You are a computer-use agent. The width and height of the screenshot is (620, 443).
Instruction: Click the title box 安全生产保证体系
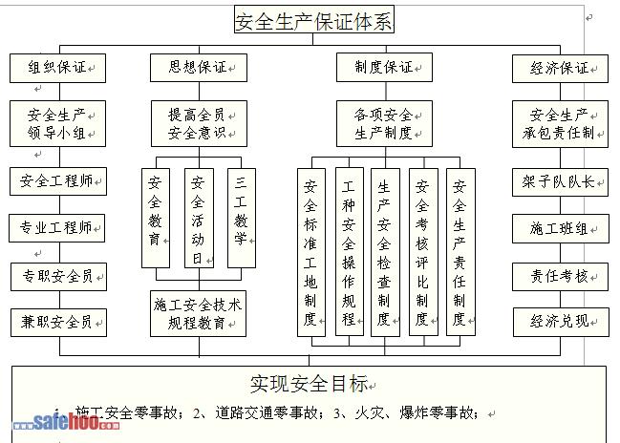[313, 20]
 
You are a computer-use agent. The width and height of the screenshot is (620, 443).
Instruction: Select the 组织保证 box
[57, 69]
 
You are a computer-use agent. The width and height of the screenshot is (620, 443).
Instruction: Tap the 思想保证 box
[198, 68]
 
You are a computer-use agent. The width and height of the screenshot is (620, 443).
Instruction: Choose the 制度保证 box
[384, 68]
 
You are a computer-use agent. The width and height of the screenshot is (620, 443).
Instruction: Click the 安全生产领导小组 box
[57, 124]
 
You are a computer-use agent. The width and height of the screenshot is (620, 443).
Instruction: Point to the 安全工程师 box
[57, 180]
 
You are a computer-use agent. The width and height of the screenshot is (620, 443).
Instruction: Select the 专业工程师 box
[57, 228]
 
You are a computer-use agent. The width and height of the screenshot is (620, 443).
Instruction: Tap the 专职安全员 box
[57, 276]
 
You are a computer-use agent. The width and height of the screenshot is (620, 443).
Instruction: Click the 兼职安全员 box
[57, 323]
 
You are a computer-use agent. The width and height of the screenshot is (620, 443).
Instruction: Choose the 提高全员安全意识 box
[198, 124]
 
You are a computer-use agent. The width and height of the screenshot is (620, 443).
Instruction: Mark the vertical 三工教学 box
[241, 218]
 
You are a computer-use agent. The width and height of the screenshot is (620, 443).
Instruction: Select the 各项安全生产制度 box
[384, 124]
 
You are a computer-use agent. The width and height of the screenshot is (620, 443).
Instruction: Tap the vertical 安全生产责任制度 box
[460, 251]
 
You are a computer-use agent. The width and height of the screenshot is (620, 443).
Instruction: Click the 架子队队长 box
[560, 181]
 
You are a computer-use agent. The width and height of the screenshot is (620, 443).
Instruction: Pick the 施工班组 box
[560, 229]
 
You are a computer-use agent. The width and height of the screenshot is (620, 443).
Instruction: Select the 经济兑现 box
[560, 322]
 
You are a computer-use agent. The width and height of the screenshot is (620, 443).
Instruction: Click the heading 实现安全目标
[309, 384]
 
